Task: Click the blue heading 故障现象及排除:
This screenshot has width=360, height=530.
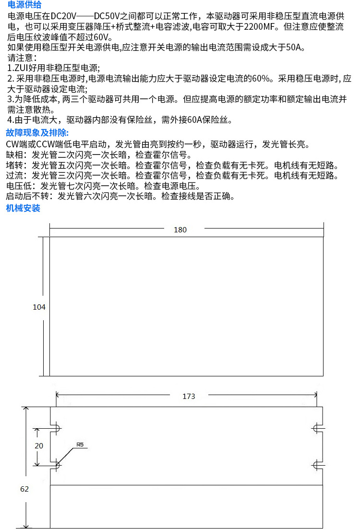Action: [37, 132]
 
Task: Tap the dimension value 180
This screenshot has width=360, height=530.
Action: [180, 230]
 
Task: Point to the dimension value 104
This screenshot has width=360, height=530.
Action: [39, 307]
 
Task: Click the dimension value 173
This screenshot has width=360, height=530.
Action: [189, 396]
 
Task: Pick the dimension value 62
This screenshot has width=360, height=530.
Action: [24, 489]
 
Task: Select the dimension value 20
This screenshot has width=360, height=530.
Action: [39, 446]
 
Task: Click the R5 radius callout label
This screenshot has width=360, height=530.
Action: [80, 445]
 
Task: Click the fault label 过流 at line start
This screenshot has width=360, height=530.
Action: [14, 175]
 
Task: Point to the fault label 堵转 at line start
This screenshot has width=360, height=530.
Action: [14, 165]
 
